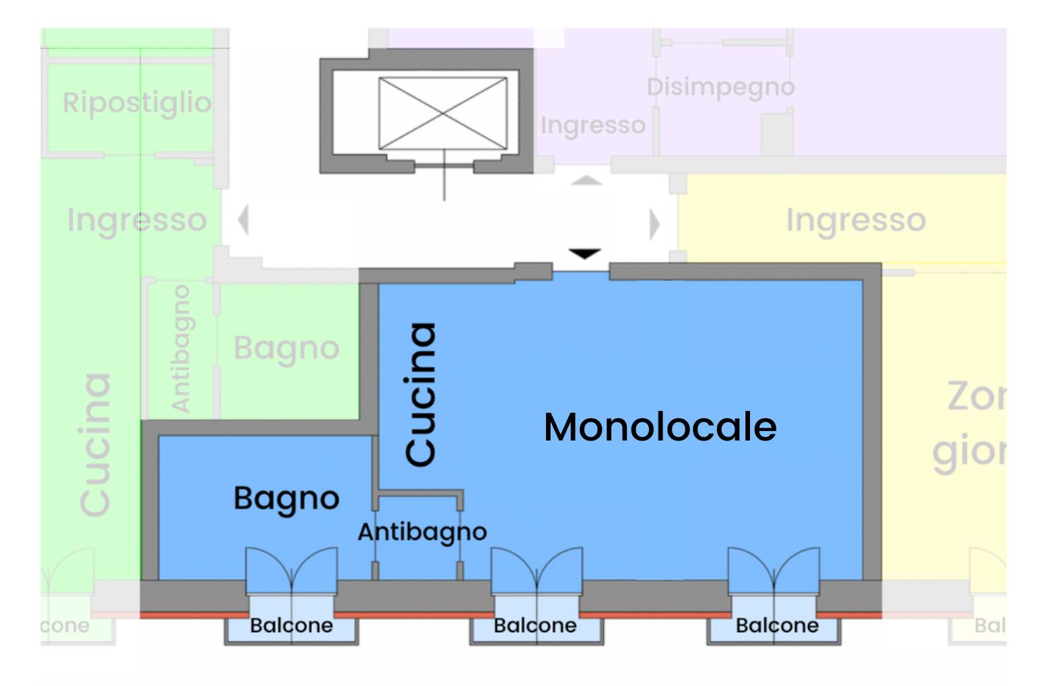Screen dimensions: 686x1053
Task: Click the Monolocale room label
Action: point(660,427)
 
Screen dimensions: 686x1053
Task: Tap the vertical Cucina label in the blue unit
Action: point(421,394)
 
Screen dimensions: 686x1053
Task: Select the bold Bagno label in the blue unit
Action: point(286,499)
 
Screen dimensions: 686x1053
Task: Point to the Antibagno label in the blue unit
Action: point(422,532)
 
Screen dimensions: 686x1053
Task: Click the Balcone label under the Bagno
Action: point(291,625)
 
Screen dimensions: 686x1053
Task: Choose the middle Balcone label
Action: point(535,625)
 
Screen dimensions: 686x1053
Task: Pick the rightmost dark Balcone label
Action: point(777,625)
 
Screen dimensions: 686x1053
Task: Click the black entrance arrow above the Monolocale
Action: point(584,254)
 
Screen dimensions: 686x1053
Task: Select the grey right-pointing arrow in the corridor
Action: point(654,224)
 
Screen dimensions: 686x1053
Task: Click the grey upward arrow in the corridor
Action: point(586,180)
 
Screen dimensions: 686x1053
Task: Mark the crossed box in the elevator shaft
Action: point(442,113)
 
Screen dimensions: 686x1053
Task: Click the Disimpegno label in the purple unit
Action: point(720,87)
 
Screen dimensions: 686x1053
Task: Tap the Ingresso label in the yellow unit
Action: point(856,220)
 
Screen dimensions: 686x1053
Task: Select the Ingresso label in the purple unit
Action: point(592,125)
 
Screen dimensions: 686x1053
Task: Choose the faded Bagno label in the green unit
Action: point(286,348)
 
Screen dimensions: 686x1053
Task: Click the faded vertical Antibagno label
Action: point(180,348)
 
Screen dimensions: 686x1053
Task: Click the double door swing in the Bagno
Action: point(291,570)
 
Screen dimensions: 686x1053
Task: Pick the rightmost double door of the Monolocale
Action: point(774,570)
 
